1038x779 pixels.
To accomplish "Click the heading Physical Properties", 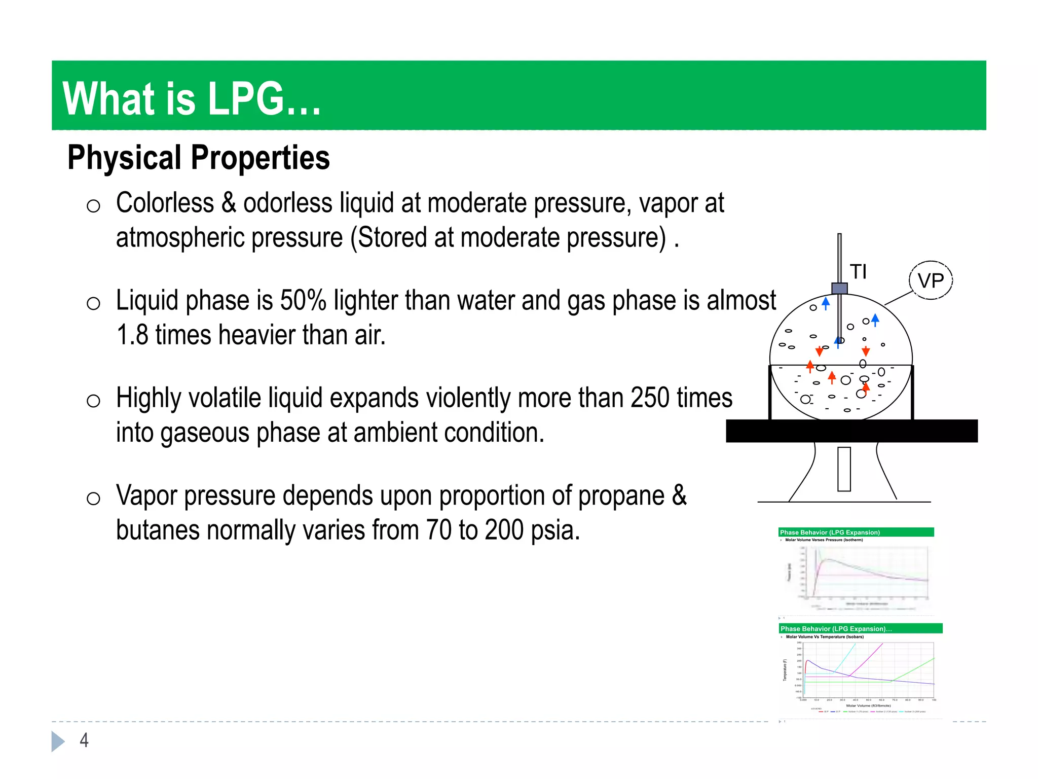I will [198, 158].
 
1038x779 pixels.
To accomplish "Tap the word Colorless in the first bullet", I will [165, 203].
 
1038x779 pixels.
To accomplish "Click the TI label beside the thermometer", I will [858, 272].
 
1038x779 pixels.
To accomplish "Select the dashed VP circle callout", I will [931, 280].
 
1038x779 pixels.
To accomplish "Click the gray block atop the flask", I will [839, 288].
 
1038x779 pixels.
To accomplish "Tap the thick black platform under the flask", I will [851, 431].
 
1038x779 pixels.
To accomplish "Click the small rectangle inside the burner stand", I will [844, 469].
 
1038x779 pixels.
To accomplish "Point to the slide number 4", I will [84, 740].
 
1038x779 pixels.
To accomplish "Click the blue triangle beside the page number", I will [58, 741].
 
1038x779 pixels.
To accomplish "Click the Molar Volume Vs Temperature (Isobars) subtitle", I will [825, 636].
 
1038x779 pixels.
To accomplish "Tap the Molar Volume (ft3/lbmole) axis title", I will [868, 705].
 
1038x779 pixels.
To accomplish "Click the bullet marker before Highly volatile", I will [93, 401].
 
